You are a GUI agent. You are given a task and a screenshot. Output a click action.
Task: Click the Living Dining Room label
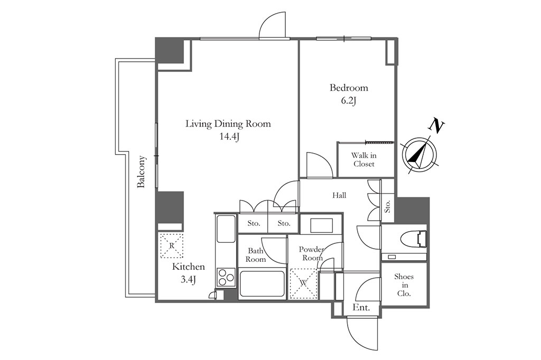pos(228,124)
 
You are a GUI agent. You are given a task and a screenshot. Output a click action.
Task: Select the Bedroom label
pos(349,88)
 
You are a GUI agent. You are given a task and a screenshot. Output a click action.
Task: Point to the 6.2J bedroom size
pos(349,101)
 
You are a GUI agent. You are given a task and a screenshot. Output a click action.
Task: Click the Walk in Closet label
pos(364,159)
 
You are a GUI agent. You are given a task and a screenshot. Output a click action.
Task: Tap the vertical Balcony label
pos(142,172)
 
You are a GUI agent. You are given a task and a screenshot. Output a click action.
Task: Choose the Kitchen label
pos(189,267)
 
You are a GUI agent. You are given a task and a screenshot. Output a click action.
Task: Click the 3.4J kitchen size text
pos(189,280)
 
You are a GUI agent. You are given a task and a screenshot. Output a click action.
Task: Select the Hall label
pos(339,195)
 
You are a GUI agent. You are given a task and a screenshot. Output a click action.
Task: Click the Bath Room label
pos(256,255)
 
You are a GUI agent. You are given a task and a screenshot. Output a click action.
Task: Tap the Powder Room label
pos(311,253)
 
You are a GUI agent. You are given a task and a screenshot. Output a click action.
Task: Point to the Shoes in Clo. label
pos(404,285)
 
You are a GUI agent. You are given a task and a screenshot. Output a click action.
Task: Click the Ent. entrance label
pos(361,308)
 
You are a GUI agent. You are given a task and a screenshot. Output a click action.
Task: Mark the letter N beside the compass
pos(436,126)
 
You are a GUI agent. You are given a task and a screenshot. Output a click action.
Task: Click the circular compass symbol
pos(419,154)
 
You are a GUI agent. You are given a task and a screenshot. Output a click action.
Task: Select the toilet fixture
pos(414,239)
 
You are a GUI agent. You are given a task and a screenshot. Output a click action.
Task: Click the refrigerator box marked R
pos(171,245)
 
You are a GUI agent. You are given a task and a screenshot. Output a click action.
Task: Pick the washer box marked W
pos(303,283)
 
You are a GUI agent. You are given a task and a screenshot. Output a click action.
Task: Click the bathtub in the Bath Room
pos(262,285)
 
